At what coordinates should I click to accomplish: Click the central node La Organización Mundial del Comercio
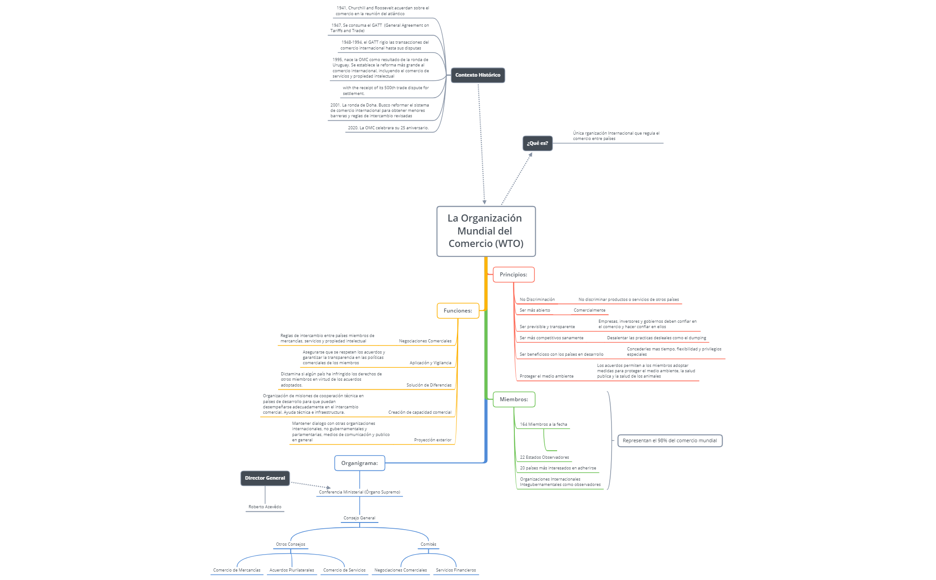486,231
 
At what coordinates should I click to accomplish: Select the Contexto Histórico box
477,75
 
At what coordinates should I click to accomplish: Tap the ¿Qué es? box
537,144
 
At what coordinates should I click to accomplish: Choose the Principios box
513,275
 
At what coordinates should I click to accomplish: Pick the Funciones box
458,311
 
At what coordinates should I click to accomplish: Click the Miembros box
514,399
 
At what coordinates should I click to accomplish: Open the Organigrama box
359,463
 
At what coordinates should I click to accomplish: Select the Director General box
265,478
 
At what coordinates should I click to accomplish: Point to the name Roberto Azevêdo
265,507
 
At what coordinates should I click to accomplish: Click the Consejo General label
359,518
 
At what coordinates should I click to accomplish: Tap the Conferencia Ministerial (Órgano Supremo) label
359,492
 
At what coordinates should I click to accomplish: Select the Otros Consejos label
291,544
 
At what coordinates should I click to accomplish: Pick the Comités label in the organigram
428,544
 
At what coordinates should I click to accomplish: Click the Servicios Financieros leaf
456,570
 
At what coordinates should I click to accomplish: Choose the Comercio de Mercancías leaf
237,570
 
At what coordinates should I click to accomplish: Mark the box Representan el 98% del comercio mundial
669,441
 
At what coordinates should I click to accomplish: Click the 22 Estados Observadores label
544,457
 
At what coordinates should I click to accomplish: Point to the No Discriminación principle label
537,300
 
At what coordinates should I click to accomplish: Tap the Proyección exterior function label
432,440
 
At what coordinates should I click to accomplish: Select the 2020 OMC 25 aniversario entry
388,128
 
